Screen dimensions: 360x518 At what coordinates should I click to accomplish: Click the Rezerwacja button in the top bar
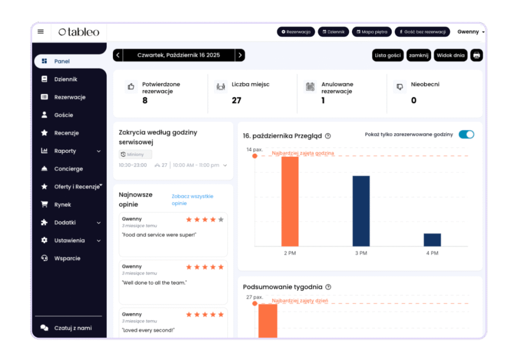296,32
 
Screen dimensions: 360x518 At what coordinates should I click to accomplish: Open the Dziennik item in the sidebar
66,79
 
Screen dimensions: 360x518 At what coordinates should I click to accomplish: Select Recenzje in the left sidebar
66,133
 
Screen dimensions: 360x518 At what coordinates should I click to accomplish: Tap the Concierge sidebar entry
68,169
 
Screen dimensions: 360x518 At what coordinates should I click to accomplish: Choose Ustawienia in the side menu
69,241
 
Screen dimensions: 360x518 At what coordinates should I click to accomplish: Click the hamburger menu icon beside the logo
41,31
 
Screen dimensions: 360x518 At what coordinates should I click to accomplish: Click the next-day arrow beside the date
240,55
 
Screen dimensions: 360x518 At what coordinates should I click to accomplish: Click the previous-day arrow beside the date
118,55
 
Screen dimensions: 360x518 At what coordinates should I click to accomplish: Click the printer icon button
477,55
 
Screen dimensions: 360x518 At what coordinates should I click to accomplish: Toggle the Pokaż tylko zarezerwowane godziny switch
466,134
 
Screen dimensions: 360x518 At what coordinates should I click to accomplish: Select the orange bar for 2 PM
290,201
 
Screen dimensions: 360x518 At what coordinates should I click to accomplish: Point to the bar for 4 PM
433,240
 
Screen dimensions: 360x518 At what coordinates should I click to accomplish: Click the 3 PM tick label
361,253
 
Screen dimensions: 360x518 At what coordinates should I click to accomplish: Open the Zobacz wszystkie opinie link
192,200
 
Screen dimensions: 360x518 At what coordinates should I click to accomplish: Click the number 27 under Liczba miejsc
236,100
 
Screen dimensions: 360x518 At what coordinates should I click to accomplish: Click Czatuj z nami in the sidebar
73,328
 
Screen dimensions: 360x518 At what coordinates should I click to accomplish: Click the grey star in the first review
221,219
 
